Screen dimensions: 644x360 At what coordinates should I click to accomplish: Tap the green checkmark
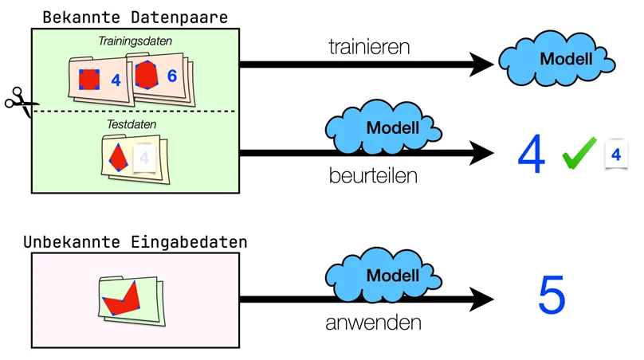coord(579,153)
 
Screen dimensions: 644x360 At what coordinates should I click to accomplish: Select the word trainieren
coord(369,47)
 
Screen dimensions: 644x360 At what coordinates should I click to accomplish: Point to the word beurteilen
coord(373,176)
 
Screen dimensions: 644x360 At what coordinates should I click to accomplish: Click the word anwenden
coord(373,323)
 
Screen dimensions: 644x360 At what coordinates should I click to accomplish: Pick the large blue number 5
coord(552,295)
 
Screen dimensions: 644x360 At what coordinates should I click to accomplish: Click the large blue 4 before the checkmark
coord(532,154)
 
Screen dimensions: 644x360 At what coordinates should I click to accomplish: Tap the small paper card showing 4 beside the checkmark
coord(615,154)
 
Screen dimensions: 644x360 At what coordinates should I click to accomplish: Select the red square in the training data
coord(89,79)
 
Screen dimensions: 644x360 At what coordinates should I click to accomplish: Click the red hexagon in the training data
coord(147,74)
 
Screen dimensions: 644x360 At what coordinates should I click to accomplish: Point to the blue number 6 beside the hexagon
coord(172,76)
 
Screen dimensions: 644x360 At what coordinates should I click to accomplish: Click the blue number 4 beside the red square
coord(116,80)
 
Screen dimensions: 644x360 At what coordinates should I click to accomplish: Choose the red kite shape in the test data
coord(118,158)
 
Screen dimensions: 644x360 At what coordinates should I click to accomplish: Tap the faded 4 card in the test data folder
coord(144,158)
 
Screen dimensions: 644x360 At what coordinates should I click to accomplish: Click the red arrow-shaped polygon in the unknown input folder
coord(121,299)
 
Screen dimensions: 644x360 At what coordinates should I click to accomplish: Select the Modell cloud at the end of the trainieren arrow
coord(556,58)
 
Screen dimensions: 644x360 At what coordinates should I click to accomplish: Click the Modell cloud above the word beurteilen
coord(383,127)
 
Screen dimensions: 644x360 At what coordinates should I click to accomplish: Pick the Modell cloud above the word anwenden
coord(383,275)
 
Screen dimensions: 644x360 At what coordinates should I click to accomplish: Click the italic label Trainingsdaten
coord(135,41)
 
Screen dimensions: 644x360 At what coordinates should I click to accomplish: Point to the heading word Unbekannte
coord(72,242)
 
